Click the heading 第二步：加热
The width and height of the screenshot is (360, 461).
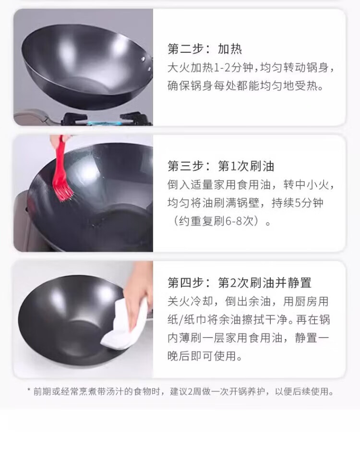[205, 49]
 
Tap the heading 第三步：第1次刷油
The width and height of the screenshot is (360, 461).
[221, 166]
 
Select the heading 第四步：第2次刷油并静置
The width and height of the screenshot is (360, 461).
[240, 283]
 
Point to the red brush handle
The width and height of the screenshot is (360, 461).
[60, 156]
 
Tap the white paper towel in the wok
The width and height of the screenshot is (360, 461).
[125, 323]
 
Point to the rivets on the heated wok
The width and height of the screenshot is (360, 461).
[146, 64]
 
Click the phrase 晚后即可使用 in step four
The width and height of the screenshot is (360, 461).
[202, 356]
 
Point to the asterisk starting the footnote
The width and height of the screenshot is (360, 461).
[29, 390]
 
